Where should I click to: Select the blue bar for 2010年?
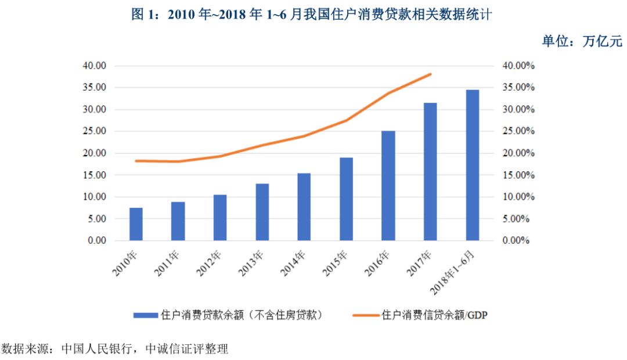pyautogui.click(x=136, y=224)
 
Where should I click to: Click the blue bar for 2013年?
pyautogui.click(x=262, y=212)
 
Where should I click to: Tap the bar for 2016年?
pyautogui.click(x=388, y=186)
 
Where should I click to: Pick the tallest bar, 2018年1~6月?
pyautogui.click(x=473, y=165)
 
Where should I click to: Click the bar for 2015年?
pyautogui.click(x=346, y=199)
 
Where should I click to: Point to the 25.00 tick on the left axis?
pyautogui.click(x=93, y=131)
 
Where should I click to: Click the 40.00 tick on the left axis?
pyautogui.click(x=93, y=66)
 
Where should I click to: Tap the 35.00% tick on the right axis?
pyautogui.click(x=517, y=88)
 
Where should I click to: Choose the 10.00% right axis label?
pyautogui.click(x=517, y=197)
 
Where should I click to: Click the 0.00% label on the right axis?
pyautogui.click(x=520, y=240)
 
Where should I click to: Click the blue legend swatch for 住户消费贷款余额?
pyautogui.click(x=145, y=315)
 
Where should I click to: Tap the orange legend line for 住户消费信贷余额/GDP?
pyautogui.click(x=365, y=315)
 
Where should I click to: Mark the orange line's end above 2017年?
pyautogui.click(x=430, y=74)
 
